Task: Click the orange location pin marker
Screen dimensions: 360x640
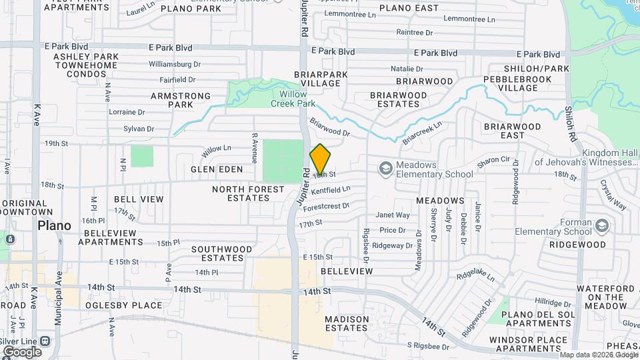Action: coord(320,159)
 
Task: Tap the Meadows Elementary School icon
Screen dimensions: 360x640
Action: coord(385,169)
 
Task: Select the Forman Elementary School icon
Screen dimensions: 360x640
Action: coord(603,227)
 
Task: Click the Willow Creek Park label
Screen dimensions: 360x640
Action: coord(293,99)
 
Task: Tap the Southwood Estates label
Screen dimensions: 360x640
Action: coord(221,253)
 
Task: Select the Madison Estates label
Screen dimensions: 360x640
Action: coord(347,323)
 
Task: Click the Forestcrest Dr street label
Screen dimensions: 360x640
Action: coord(326,206)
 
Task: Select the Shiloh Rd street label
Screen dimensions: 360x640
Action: coord(570,123)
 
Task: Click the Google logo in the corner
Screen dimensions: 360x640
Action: coord(21,351)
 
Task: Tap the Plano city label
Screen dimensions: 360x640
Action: coord(55,225)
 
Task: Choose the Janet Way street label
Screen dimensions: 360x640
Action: coord(393,215)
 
